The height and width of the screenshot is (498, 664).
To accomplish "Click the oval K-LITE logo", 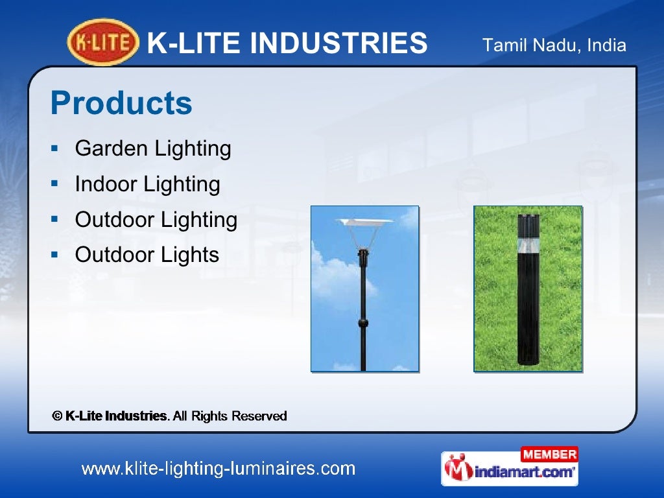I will click(103, 43).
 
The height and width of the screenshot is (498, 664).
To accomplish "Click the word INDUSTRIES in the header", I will click(338, 44).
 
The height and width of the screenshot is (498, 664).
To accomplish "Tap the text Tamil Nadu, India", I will click(554, 45).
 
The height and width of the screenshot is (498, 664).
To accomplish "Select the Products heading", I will click(121, 103).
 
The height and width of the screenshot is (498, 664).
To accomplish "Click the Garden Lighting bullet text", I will click(153, 148).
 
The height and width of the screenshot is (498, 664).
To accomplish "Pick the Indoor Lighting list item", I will click(147, 184).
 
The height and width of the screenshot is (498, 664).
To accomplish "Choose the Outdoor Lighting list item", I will click(156, 220).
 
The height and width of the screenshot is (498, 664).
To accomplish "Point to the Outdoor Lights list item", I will click(147, 255).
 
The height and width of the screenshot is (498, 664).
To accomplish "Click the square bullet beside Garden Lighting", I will click(56, 149).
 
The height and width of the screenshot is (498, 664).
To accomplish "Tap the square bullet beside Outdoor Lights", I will click(56, 255).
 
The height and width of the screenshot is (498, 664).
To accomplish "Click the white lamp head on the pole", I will click(366, 224).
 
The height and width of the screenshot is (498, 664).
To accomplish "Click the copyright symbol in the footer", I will click(57, 416).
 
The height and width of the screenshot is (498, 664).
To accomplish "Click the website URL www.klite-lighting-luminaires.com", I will click(218, 468).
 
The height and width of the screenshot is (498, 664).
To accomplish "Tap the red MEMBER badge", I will click(549, 454).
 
